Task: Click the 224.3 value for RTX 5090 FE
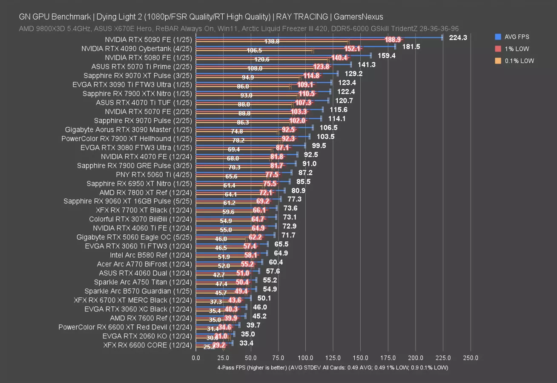[458, 37]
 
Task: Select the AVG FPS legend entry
[517, 37]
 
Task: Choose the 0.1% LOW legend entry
[518, 61]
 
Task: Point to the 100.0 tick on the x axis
[306, 358]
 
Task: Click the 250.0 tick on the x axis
[471, 358]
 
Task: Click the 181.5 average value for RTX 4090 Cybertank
[411, 46]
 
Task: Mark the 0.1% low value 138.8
[272, 42]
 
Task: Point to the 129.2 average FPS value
[353, 73]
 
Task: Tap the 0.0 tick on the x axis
[196, 358]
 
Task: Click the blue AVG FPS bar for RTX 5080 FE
[283, 55]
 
